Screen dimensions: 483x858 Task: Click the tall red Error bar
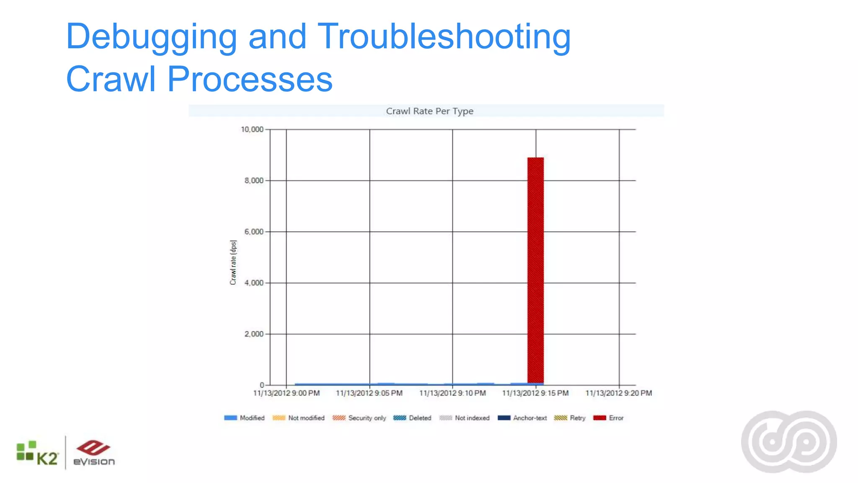[x=535, y=270]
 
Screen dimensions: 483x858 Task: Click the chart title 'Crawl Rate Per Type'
[x=429, y=111]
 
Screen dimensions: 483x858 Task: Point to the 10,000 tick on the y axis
[x=252, y=130]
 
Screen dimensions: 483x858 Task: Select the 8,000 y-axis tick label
[x=254, y=181]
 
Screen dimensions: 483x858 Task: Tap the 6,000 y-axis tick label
[x=254, y=232]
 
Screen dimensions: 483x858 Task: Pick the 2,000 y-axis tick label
[x=254, y=334]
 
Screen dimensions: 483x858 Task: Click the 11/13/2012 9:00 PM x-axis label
[x=287, y=393]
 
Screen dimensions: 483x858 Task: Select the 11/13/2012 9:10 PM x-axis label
[x=452, y=393]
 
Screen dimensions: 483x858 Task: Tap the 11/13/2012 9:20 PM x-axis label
[x=618, y=393]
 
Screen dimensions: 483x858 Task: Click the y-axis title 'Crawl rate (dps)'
[x=233, y=262]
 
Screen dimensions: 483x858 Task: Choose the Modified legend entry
[x=245, y=418]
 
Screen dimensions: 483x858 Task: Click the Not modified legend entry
[x=299, y=418]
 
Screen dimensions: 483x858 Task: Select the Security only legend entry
[x=359, y=418]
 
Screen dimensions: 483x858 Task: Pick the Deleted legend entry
[x=413, y=418]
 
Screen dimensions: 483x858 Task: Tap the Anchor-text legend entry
[x=522, y=418]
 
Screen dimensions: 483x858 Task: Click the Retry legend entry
[x=570, y=418]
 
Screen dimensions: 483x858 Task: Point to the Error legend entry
[x=609, y=418]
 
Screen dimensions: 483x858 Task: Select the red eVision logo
[x=94, y=453]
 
